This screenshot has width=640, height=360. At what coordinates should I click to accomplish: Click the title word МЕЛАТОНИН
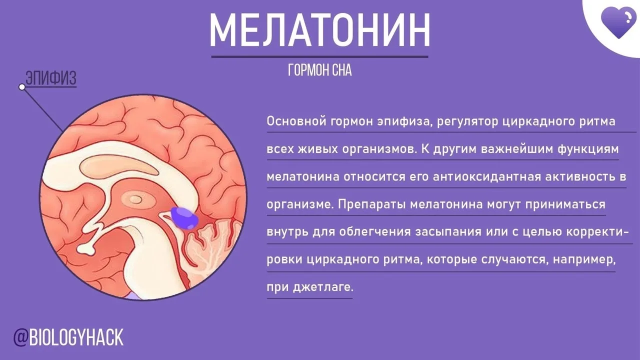[319, 30]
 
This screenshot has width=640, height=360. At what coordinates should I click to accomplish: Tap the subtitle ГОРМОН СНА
[319, 70]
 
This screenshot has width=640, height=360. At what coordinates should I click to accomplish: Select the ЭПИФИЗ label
[51, 77]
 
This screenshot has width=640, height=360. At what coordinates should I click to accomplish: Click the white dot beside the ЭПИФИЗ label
[22, 87]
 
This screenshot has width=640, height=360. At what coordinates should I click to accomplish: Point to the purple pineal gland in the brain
[184, 218]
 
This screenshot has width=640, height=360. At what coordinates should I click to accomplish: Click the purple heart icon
[618, 23]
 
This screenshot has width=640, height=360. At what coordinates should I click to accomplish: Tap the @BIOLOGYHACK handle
[68, 337]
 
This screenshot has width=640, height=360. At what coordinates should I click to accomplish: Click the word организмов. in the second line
[379, 149]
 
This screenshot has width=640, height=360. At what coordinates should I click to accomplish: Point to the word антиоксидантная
[487, 177]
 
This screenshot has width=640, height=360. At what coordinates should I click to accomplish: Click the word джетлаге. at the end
[323, 287]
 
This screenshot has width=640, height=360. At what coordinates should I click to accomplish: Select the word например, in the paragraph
[584, 260]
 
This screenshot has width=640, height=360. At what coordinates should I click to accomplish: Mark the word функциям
[588, 149]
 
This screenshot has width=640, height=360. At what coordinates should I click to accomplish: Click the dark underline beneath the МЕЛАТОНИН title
[319, 57]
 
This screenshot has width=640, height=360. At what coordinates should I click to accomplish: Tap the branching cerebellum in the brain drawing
[211, 245]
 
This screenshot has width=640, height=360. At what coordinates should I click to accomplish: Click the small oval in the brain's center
[135, 199]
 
